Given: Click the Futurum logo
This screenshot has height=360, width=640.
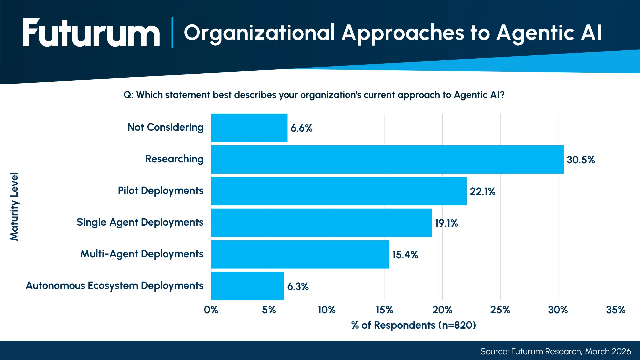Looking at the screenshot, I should (x=91, y=33).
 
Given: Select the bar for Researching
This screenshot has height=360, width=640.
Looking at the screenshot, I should (x=387, y=159).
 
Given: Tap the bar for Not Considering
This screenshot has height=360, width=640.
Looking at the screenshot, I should (x=249, y=128).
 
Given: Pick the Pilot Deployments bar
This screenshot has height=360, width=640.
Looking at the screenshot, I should (x=339, y=191).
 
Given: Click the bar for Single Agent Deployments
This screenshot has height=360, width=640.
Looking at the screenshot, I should (x=321, y=223).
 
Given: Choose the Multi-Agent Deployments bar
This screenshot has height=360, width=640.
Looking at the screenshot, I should (x=300, y=254).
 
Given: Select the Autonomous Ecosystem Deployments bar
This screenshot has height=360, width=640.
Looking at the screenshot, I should (x=247, y=286).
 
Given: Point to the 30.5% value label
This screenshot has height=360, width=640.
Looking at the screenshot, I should (x=581, y=160).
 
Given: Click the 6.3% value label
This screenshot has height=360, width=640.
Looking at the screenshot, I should (x=298, y=286).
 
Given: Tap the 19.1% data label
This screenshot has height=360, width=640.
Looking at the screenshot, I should (x=446, y=223).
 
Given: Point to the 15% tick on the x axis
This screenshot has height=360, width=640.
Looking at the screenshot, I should (x=384, y=310).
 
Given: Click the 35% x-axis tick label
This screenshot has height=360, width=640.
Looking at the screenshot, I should (x=615, y=310).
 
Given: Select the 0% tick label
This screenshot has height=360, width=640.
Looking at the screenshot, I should (x=211, y=310).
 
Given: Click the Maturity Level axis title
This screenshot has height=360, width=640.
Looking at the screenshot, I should (x=14, y=207).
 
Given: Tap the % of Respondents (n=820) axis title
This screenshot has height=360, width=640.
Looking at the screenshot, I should (x=413, y=325).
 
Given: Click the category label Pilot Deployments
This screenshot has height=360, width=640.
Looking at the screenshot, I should (x=160, y=191).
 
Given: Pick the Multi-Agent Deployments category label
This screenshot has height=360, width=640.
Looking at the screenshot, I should (x=142, y=254).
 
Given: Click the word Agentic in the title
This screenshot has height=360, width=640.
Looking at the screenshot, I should (x=535, y=33).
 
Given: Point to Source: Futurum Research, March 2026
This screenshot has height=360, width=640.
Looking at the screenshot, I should (x=555, y=351).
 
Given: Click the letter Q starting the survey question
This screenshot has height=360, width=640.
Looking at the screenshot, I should (x=127, y=95).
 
